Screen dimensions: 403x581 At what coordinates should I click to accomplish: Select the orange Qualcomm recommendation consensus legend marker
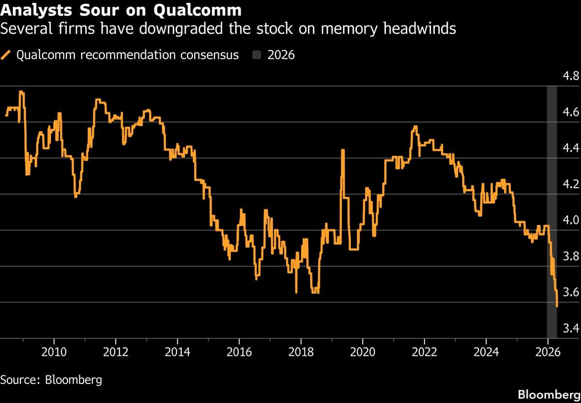point(7,55)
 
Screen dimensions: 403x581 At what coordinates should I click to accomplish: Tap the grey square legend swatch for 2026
point(257,55)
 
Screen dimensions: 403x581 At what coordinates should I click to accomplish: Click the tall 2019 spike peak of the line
point(342,150)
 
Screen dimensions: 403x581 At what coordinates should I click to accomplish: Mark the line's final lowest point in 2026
point(557,306)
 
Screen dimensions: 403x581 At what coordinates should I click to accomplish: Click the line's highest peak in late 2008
point(21,92)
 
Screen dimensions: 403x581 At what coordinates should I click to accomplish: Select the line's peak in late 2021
point(415,127)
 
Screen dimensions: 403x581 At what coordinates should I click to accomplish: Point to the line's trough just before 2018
point(296,292)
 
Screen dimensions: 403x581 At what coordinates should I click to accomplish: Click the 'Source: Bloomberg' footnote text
point(51,379)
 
